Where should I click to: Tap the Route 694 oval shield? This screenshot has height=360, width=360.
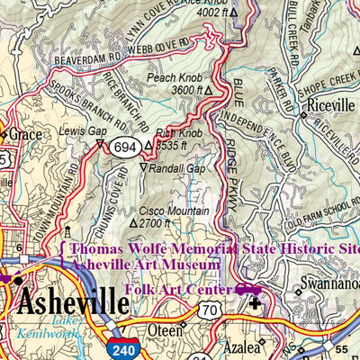(x=125, y=146)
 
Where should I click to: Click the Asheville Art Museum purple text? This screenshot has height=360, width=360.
(x=144, y=265)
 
